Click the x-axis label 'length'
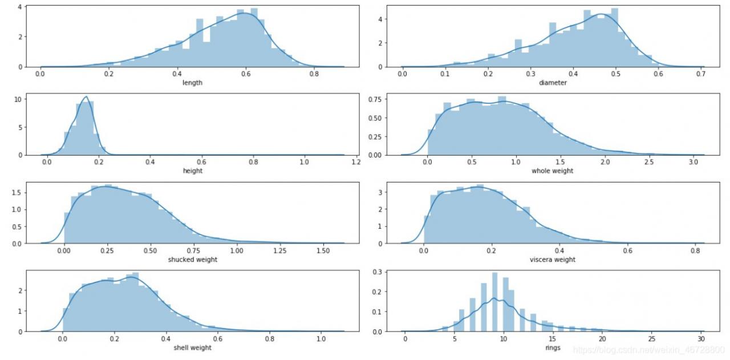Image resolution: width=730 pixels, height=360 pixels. click(x=192, y=83)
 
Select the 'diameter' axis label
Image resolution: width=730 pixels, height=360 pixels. click(x=553, y=83)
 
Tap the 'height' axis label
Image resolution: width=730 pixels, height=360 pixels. click(x=192, y=171)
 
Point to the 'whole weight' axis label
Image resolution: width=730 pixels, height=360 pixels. click(x=552, y=171)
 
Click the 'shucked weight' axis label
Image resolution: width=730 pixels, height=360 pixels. click(x=192, y=260)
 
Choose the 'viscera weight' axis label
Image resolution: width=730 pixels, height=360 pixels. click(x=552, y=260)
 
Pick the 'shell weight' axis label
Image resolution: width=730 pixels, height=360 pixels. click(x=192, y=347)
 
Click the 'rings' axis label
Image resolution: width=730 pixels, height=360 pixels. click(x=552, y=347)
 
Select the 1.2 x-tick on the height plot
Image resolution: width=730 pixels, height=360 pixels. click(x=355, y=163)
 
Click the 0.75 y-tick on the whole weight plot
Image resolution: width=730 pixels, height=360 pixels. click(x=374, y=99)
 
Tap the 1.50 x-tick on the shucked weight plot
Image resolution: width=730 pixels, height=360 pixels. click(x=322, y=251)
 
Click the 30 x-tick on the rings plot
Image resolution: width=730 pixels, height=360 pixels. click(x=701, y=339)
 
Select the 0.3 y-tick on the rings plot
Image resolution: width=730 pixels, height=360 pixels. click(x=377, y=272)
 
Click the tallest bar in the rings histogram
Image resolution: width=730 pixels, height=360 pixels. click(x=494, y=302)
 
